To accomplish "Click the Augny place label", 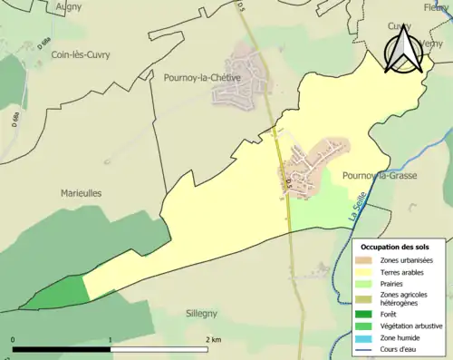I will (x=68, y=6).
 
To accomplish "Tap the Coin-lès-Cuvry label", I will (x=69, y=54).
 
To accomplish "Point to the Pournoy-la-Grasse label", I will (x=380, y=175).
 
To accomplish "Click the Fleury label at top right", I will (x=437, y=6).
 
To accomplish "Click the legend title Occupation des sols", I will (x=395, y=247).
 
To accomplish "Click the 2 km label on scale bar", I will (x=213, y=340).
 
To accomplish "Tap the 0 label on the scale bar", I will (x=14, y=340).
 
